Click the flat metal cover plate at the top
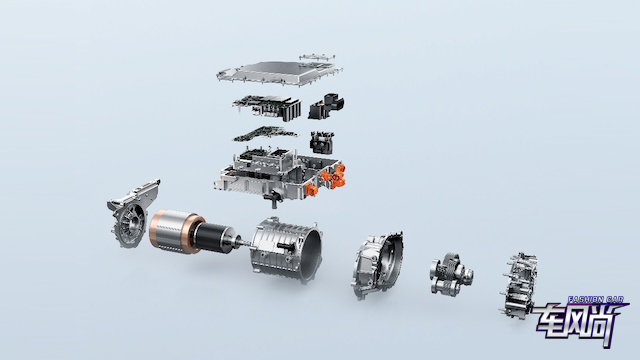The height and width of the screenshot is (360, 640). (279, 73)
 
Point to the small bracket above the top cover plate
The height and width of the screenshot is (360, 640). (318, 57)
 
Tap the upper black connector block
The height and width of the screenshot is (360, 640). (326, 106)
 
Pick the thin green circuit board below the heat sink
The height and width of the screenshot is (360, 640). (265, 134)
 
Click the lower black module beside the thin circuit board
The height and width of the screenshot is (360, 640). (322, 142)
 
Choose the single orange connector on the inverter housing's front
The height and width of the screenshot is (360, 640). (312, 190)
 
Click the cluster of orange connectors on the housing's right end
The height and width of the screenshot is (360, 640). (333, 177)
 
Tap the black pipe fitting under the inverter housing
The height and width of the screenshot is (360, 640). (273, 199)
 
